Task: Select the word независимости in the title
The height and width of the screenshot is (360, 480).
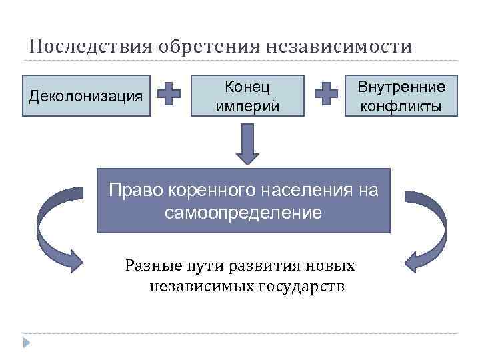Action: (x=339, y=47)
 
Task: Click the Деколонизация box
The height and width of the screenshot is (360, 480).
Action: (x=86, y=96)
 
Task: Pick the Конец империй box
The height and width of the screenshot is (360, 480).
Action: (x=247, y=96)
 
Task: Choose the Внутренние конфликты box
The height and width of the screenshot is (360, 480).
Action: (x=401, y=96)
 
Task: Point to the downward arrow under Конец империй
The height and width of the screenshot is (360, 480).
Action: (x=247, y=143)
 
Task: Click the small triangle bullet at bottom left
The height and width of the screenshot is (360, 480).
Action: (x=27, y=343)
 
